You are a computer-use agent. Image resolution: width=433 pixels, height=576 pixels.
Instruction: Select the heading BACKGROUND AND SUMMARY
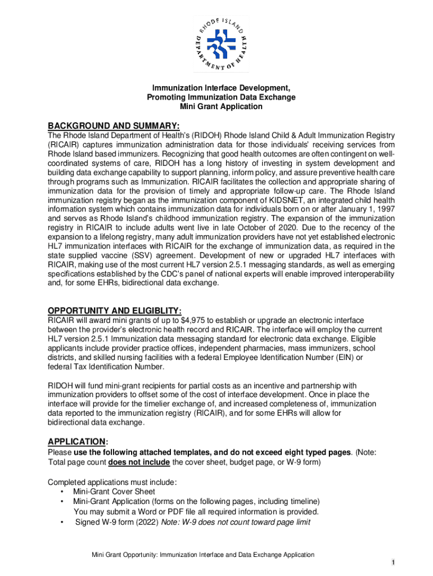(114, 125)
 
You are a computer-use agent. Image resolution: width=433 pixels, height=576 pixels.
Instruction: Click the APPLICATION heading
(76, 442)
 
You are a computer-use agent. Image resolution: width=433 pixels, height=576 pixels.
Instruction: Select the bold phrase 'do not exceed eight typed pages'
(289, 453)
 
